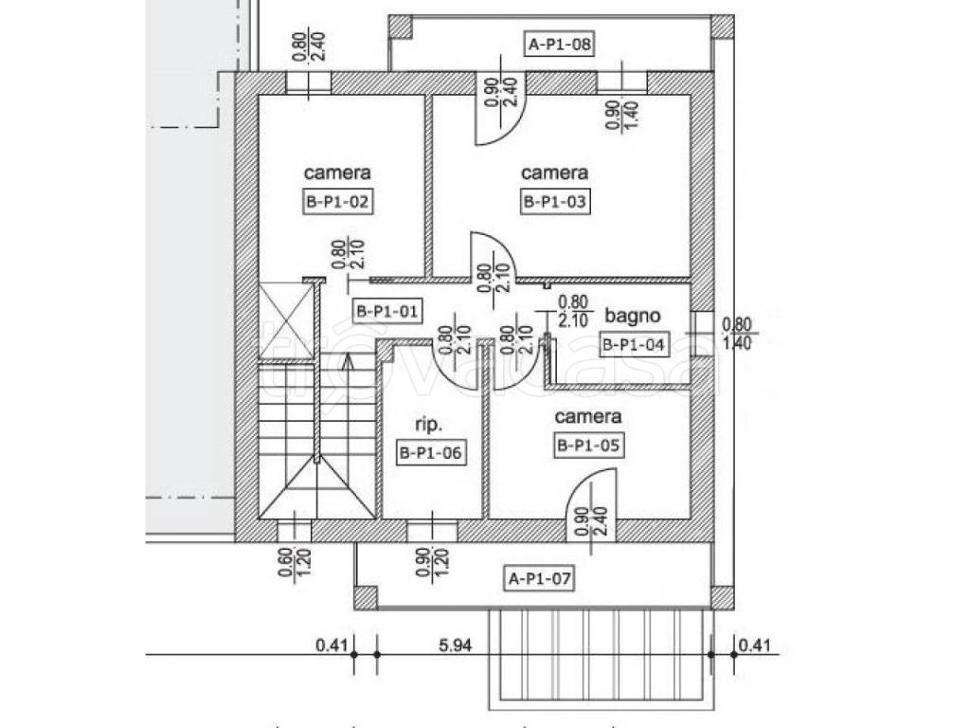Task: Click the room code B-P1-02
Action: click(x=338, y=201)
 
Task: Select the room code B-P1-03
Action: click(x=554, y=201)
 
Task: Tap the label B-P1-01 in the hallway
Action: click(x=387, y=311)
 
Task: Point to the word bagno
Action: click(x=632, y=316)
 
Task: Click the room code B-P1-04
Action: click(x=634, y=344)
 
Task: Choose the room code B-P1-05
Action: click(x=588, y=446)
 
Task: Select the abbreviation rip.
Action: click(x=429, y=425)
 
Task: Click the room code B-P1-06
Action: click(x=431, y=453)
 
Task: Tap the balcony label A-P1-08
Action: click(x=560, y=44)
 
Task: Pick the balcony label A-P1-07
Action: click(x=539, y=579)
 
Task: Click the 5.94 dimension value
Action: click(x=456, y=645)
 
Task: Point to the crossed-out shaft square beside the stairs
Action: click(x=286, y=320)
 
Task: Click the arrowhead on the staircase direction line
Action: click(x=348, y=361)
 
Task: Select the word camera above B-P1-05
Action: click(x=587, y=417)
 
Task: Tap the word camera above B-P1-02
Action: click(x=337, y=173)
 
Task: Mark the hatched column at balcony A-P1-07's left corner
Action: click(x=366, y=598)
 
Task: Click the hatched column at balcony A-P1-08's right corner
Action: click(x=722, y=27)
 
